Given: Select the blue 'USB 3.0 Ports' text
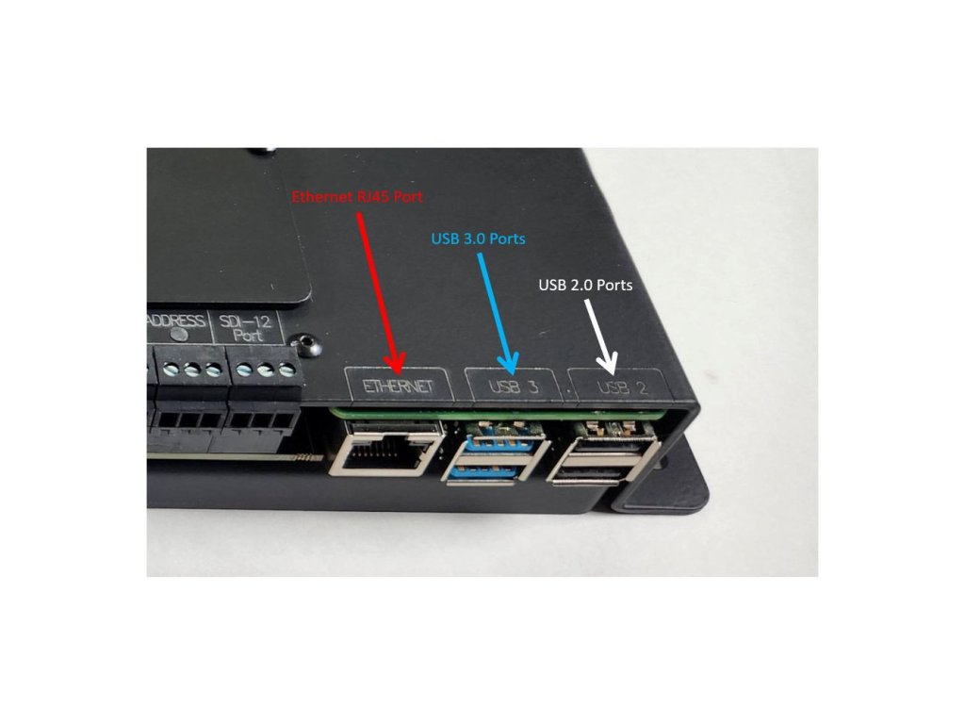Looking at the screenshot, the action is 477,239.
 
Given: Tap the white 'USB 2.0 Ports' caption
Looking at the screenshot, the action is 585,284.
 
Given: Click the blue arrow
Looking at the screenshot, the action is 497,311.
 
